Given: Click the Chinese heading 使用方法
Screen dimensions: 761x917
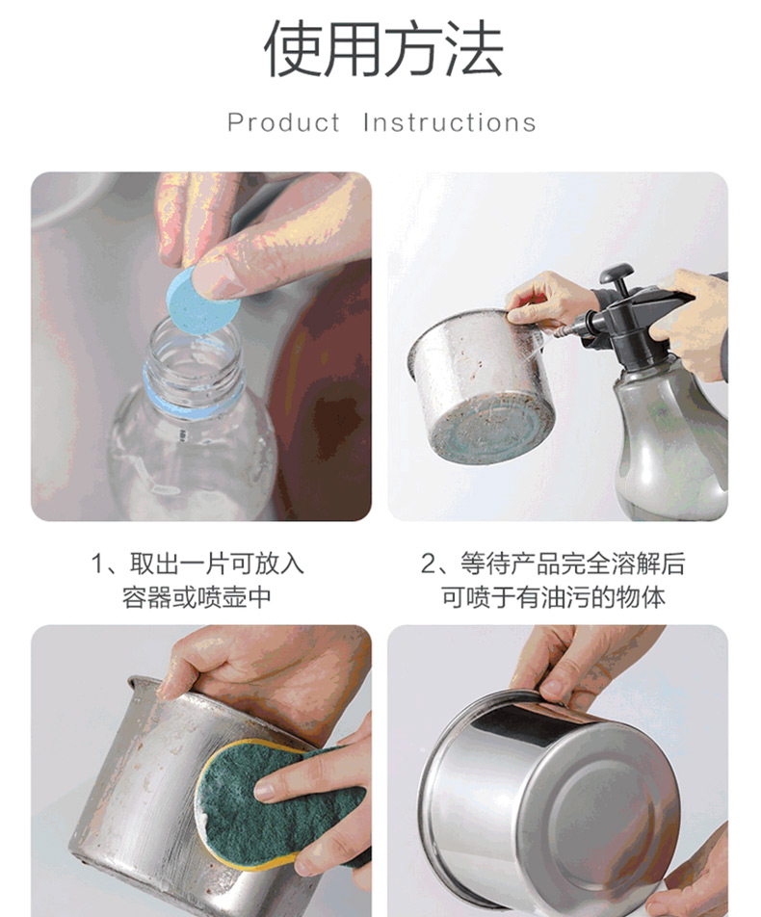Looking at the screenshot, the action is point(383,48).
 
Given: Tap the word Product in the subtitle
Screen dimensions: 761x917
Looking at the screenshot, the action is point(284,123).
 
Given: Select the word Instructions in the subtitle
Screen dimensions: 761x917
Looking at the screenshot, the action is point(449,123).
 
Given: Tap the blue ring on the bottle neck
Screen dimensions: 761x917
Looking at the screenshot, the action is point(192,398).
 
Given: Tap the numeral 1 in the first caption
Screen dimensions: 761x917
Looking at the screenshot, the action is point(96,564).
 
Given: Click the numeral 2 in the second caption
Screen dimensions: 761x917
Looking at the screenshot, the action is point(428,564).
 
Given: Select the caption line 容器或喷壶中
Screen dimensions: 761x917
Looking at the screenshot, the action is point(197,597).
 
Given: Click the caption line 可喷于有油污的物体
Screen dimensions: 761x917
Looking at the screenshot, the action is point(553,597).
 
